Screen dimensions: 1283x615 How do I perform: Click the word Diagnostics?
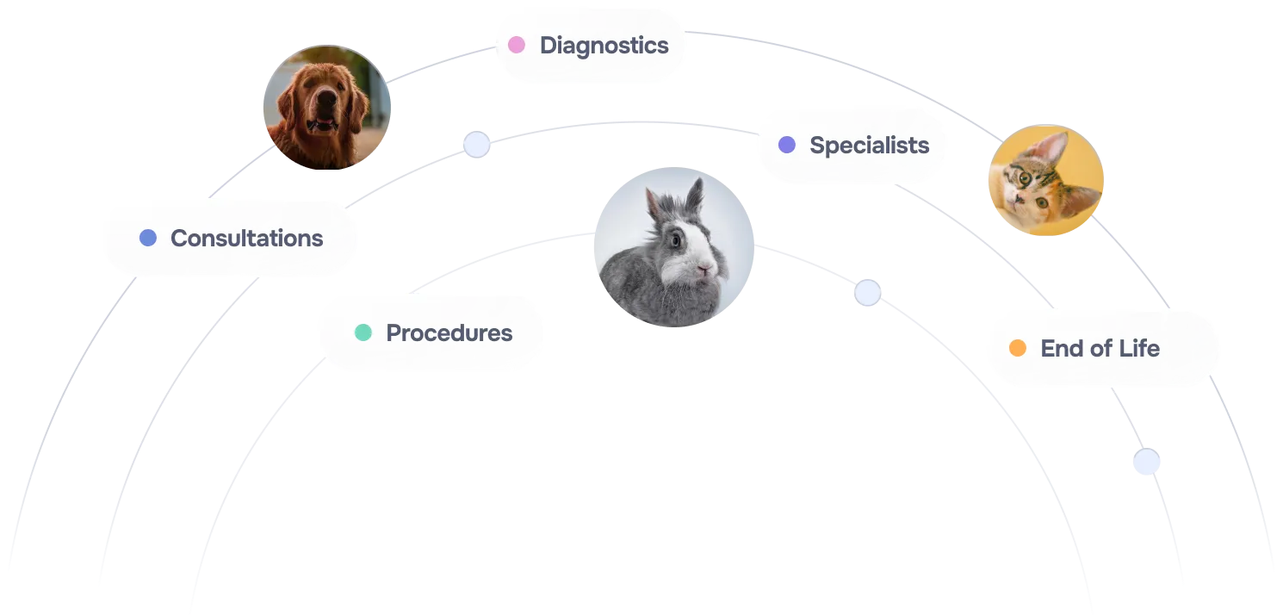[604, 46]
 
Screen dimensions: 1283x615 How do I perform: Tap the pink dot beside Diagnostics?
[516, 45]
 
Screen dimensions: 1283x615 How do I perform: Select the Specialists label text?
[869, 146]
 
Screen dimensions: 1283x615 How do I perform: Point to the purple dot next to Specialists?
[786, 145]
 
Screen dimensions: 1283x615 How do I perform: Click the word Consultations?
[246, 239]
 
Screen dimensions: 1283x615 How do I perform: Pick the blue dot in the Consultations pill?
[147, 238]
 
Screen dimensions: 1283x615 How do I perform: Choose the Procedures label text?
[449, 333]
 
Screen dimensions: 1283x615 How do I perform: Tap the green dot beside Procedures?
[363, 332]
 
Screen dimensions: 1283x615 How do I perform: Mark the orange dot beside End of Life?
[1017, 348]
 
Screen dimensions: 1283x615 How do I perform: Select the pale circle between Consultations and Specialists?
[476, 144]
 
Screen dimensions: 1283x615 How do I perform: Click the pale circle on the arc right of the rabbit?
[867, 293]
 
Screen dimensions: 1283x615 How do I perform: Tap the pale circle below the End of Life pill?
[1145, 462]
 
